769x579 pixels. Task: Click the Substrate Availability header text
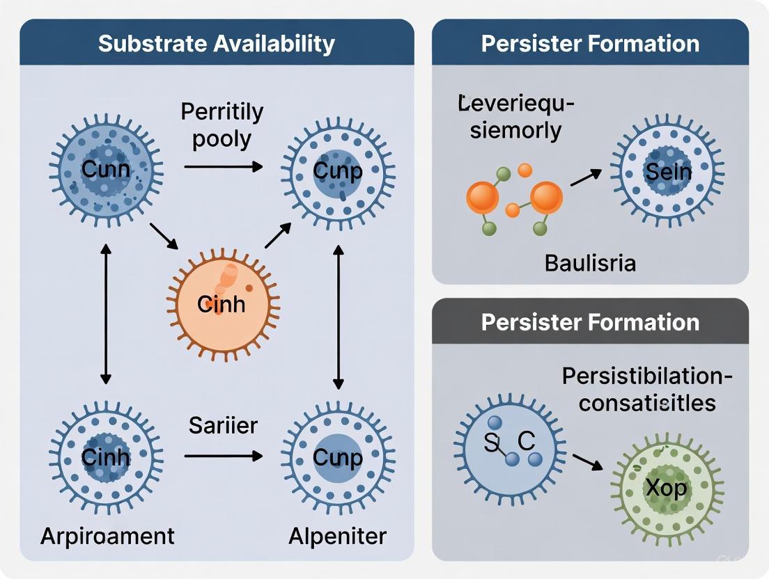click(x=217, y=43)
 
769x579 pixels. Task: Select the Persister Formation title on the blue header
click(x=590, y=43)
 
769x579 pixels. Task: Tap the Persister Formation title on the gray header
click(x=590, y=322)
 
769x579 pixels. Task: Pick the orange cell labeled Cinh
click(x=222, y=303)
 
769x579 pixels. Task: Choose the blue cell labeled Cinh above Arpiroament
click(x=105, y=457)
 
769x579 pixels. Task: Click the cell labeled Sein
click(x=667, y=171)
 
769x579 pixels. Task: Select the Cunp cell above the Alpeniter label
click(x=338, y=457)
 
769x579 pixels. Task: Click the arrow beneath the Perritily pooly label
click(x=223, y=166)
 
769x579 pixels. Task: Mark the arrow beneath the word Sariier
click(x=223, y=457)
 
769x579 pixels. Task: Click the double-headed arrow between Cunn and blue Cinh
click(x=105, y=313)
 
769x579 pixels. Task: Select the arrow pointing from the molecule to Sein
click(x=586, y=177)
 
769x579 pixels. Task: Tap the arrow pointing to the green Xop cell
click(x=587, y=462)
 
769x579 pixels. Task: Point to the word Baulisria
click(x=590, y=263)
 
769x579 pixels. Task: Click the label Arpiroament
click(x=107, y=536)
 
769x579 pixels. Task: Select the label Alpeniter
click(x=338, y=536)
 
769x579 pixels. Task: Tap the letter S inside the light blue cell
click(x=491, y=442)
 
